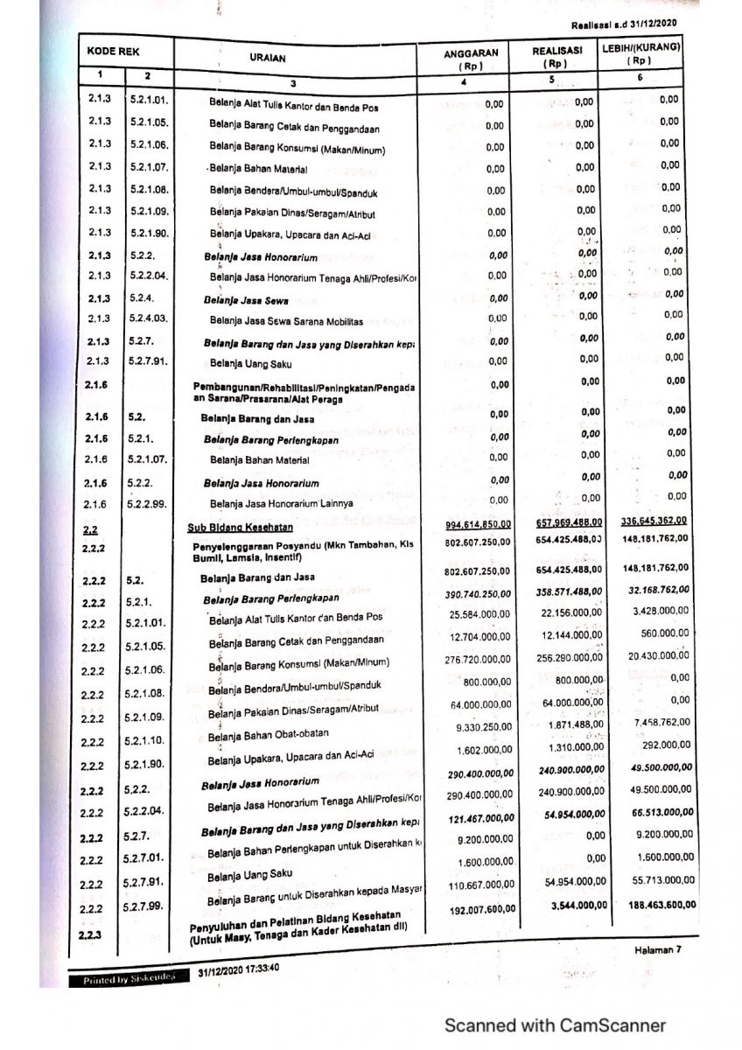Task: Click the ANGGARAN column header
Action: tap(471, 59)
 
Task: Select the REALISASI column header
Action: tap(556, 57)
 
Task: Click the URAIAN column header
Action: tap(267, 59)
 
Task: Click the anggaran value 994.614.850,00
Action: tap(478, 522)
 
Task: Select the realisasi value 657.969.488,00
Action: tap(568, 521)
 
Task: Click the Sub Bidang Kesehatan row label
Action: tap(240, 527)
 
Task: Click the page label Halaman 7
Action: tap(657, 950)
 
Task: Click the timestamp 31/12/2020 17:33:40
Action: tap(239, 970)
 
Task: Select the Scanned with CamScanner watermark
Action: tap(554, 1025)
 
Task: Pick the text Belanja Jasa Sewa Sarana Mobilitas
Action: tap(274, 321)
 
